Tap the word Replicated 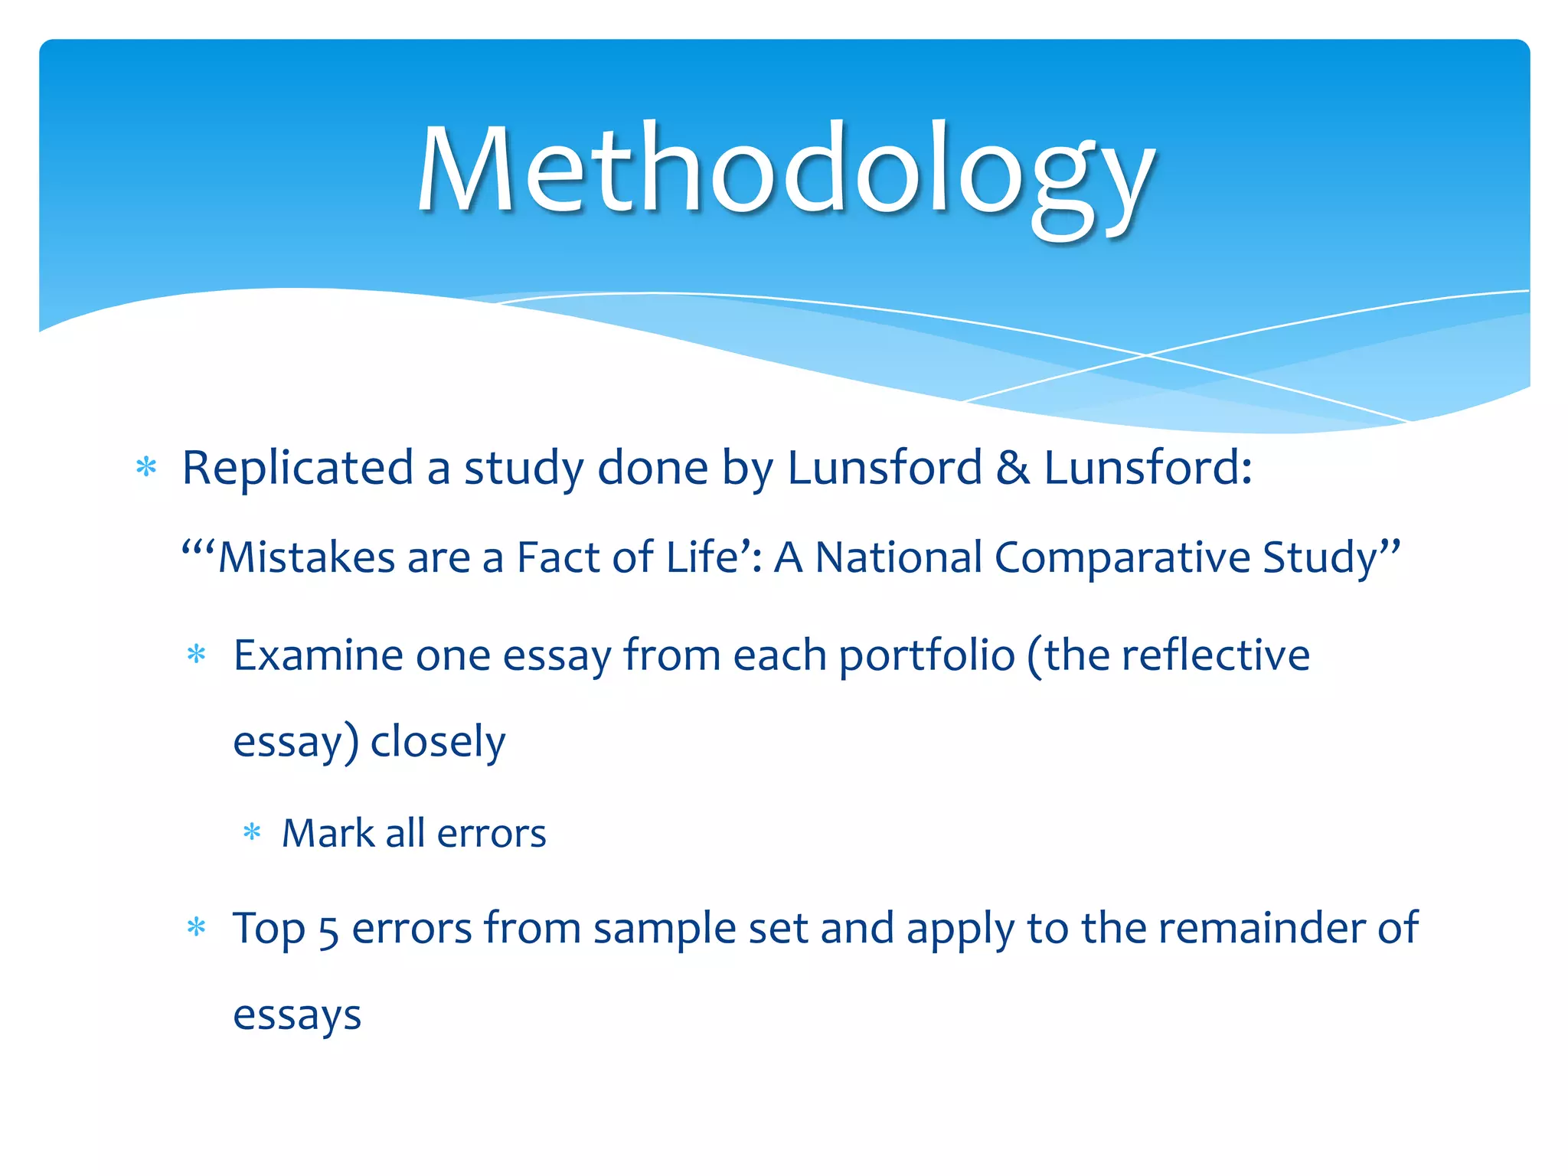point(297,468)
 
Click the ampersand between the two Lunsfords point(1012,468)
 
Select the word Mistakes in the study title point(306,557)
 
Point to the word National point(898,557)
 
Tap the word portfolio point(926,657)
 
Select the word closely point(438,742)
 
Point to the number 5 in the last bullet point(328,930)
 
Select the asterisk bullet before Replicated point(145,466)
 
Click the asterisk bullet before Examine point(197,655)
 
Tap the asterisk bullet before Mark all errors point(252,832)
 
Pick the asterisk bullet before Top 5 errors point(197,928)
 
